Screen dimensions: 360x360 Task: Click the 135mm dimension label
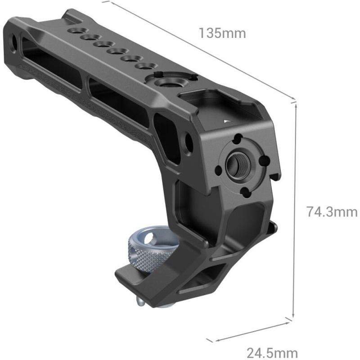pyautogui.click(x=222, y=33)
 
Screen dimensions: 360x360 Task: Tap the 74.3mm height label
pyautogui.click(x=332, y=211)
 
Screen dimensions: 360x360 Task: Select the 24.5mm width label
pyautogui.click(x=272, y=352)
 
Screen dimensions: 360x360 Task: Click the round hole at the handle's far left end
pyautogui.click(x=13, y=43)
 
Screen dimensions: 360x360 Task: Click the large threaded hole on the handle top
pyautogui.click(x=165, y=84)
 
